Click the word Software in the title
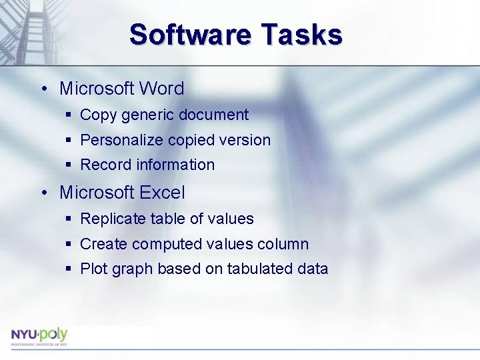click(189, 35)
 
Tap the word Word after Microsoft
click(161, 89)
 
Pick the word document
click(218, 115)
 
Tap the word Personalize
click(121, 140)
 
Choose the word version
click(246, 140)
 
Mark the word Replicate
click(113, 219)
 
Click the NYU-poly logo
click(39, 335)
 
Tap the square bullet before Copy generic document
click(69, 115)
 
